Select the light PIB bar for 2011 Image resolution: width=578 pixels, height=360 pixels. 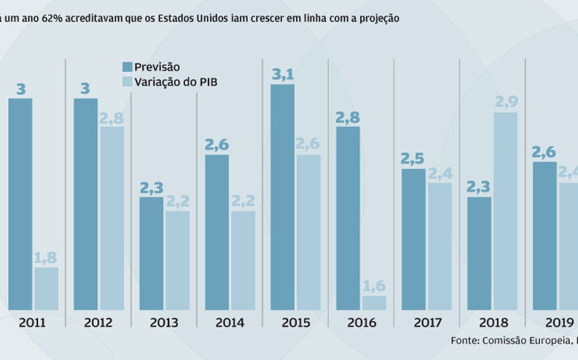46,289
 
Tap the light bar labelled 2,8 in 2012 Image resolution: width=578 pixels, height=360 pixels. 112,218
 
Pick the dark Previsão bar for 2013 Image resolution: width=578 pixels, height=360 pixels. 151,253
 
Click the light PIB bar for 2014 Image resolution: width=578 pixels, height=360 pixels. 243,260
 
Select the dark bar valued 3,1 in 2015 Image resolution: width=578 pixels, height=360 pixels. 282,197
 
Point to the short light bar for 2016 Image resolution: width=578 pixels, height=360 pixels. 373,303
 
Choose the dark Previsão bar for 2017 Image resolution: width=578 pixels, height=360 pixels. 413,239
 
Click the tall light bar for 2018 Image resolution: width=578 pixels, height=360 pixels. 504,211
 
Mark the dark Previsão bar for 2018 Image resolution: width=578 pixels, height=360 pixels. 479,253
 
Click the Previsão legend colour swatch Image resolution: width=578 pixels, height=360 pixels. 127,66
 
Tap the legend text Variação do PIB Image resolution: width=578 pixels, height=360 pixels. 176,81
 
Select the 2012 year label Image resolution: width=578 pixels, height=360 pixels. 99,322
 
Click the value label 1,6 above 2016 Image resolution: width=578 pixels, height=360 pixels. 373,286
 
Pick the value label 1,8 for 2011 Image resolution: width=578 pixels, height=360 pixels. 46,258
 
